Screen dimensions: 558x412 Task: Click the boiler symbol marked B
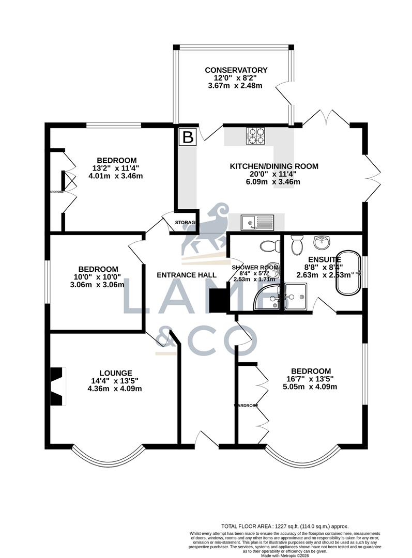click(x=188, y=137)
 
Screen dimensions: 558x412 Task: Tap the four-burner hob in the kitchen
click(x=255, y=135)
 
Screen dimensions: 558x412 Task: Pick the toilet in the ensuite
click(x=297, y=245)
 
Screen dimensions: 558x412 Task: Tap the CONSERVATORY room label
click(x=236, y=70)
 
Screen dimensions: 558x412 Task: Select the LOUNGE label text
click(x=116, y=373)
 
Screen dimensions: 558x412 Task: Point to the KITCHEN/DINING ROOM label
click(x=273, y=166)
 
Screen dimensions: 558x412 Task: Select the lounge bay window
click(x=107, y=455)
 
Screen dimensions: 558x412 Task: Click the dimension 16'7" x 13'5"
click(x=310, y=379)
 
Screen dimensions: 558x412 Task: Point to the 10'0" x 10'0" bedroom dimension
click(x=98, y=277)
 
